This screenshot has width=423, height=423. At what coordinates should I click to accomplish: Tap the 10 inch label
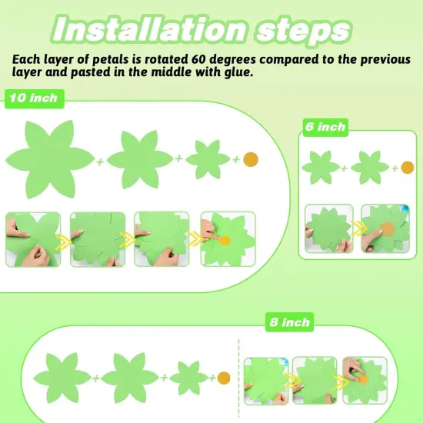32,98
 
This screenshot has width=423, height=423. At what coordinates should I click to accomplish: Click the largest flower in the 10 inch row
49,157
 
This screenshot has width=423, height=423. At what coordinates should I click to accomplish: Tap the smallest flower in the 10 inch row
208,159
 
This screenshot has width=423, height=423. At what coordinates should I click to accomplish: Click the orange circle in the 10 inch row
251,159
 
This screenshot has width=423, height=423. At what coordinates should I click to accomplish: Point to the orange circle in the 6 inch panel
406,167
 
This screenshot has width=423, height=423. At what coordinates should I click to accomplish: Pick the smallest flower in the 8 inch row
188,377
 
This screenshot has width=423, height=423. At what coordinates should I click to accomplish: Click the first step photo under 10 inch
35,239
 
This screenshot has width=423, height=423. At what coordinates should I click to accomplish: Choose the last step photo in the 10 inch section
228,239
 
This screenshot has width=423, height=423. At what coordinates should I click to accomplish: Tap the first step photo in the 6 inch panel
328,228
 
